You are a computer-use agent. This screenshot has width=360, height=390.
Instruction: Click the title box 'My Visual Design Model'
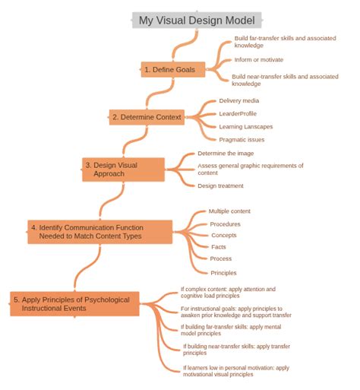[197, 20]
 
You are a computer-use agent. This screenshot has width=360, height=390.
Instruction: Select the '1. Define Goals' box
[173, 69]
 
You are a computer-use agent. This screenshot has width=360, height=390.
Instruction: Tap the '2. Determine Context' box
[147, 117]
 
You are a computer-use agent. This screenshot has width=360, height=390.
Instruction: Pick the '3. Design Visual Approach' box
[123, 170]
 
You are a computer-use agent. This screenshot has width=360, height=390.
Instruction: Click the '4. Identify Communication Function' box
[100, 232]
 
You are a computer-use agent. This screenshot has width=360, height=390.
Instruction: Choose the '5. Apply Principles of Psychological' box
[74, 304]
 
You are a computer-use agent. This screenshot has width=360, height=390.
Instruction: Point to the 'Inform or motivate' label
[259, 60]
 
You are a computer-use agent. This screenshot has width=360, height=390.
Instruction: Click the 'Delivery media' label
[239, 100]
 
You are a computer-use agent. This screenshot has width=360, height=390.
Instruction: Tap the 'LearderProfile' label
[238, 113]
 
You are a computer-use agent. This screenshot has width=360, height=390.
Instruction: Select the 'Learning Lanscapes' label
[246, 127]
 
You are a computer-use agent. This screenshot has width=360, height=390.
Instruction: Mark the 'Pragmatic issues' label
[242, 140]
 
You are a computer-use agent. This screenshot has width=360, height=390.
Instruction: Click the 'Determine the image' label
[226, 154]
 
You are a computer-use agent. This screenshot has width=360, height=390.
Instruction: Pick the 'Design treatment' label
[220, 185]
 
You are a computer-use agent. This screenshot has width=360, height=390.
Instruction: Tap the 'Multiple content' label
[229, 211]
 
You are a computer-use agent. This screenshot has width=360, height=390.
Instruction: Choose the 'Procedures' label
[225, 224]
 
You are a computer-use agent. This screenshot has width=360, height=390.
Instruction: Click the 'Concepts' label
[224, 235]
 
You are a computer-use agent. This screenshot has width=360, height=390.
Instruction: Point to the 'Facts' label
[219, 247]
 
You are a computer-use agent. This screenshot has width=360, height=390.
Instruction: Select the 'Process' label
[221, 258]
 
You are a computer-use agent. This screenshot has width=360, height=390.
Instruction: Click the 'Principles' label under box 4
[223, 273]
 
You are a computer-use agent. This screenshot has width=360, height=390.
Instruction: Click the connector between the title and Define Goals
[185, 45]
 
